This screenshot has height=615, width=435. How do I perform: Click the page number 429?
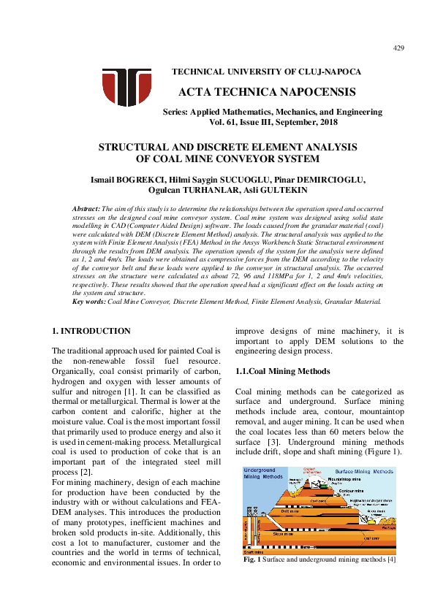(x=398, y=48)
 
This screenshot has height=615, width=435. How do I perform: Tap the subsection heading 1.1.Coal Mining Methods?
(x=278, y=371)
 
